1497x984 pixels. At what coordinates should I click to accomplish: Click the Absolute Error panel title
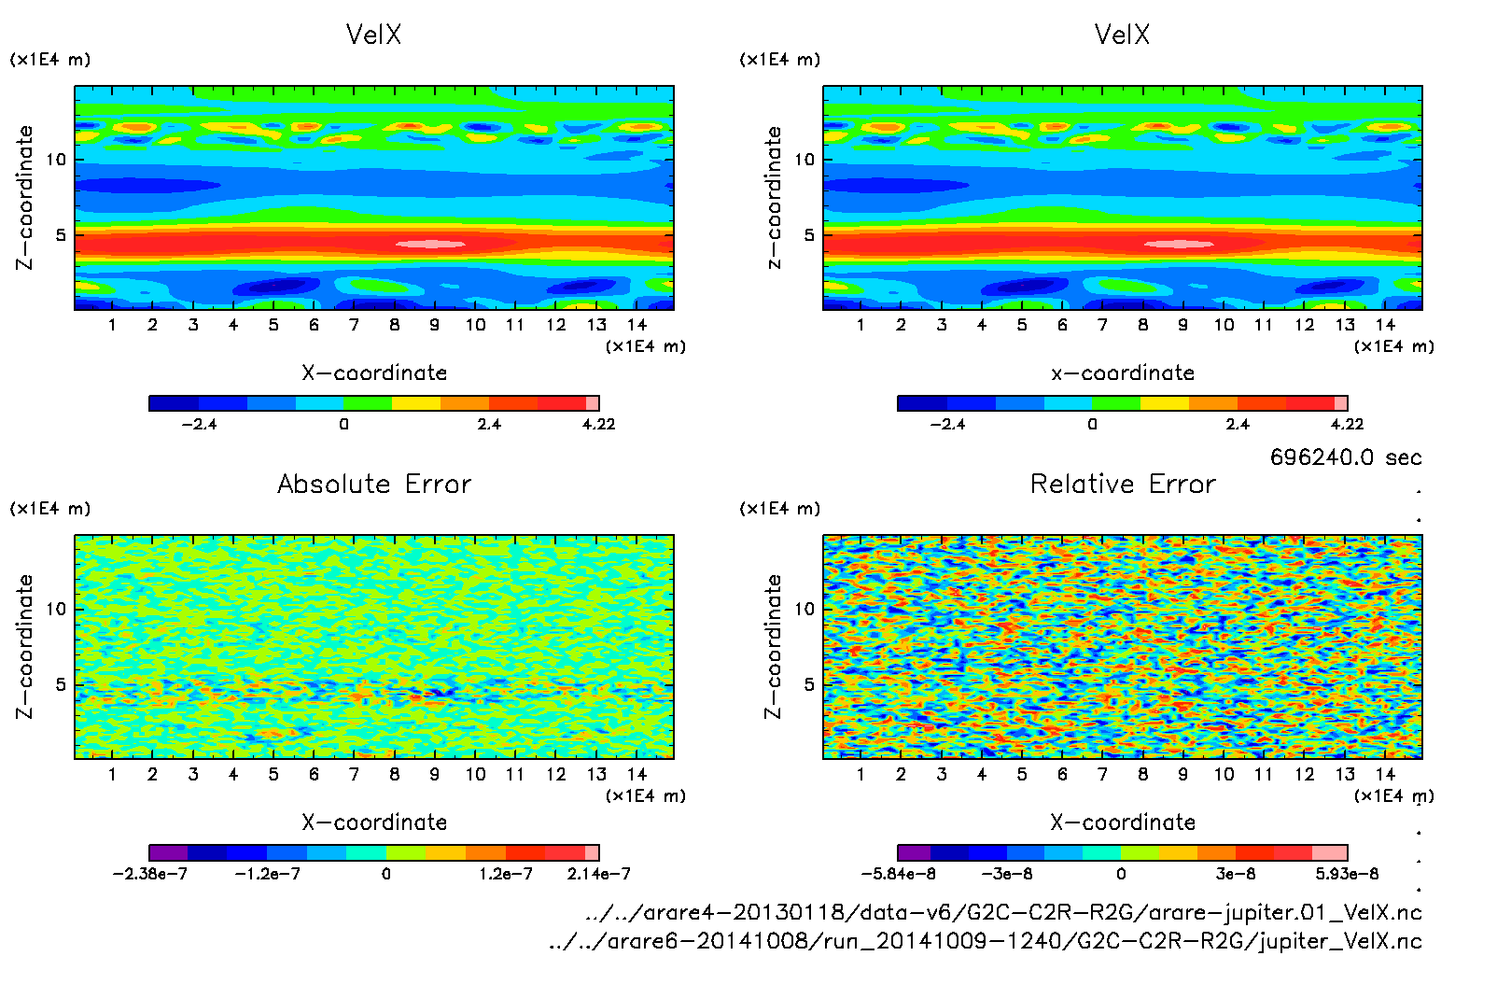coord(374,484)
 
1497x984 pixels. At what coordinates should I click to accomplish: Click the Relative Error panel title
coord(1123,484)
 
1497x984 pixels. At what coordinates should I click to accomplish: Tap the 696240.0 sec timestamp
coord(1345,457)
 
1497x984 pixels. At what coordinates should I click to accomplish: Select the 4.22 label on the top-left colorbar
coord(598,424)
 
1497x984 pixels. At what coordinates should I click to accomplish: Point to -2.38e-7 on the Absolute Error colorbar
coord(150,874)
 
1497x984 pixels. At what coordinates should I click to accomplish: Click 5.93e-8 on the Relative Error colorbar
coord(1347,874)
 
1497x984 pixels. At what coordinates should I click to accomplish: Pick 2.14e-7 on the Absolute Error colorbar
coord(598,874)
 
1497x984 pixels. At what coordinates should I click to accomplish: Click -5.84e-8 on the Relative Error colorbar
coord(898,874)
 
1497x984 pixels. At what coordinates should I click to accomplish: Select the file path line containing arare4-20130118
coord(1003,912)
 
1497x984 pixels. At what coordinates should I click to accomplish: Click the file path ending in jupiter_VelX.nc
coord(985,941)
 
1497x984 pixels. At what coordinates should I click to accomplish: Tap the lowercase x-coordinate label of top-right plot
coord(1123,373)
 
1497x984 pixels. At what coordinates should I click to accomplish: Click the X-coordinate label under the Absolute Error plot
coord(374,822)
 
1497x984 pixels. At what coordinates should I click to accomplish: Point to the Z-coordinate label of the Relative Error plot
coord(774,646)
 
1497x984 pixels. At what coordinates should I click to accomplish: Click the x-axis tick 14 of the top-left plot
coord(637,325)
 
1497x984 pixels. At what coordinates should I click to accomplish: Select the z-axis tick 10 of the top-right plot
coord(804,160)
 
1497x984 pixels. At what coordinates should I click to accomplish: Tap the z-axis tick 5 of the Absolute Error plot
coord(61,684)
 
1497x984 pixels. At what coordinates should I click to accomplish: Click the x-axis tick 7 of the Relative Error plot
coord(1102,774)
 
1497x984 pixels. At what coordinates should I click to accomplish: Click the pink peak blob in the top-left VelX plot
coord(430,245)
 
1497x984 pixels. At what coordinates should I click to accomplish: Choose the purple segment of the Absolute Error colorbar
coord(169,852)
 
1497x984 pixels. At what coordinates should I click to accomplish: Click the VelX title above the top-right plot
coord(1122,35)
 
